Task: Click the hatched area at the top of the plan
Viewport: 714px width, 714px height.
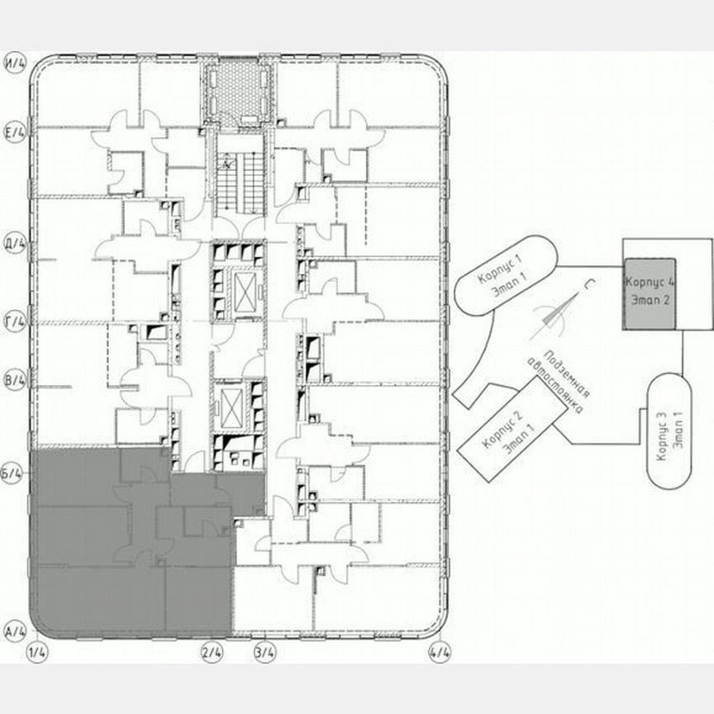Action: pos(239,91)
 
